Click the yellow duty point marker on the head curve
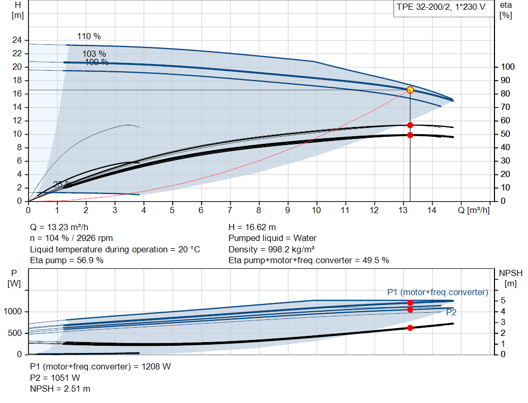point(410,90)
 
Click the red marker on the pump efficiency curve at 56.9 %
point(410,125)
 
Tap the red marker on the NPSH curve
point(410,328)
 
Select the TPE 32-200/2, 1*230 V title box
point(441,8)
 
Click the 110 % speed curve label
point(89,37)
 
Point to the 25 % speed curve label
point(62,184)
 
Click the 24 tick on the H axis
point(17,40)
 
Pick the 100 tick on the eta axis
point(507,67)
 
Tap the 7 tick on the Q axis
point(230,210)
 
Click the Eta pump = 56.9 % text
point(67,260)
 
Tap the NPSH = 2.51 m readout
point(60,389)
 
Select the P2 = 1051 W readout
point(55,378)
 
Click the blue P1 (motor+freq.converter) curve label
point(437,292)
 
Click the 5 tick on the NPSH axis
point(502,301)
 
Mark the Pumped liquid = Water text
point(272,238)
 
